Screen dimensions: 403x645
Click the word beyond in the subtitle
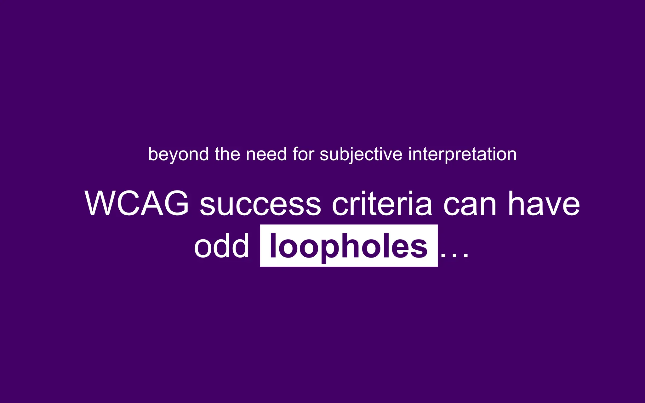178,155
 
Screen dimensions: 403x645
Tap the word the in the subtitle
227,154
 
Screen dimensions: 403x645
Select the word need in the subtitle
266,154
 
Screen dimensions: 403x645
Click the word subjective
361,155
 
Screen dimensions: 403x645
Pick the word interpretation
462,155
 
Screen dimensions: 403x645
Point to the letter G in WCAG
175,204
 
